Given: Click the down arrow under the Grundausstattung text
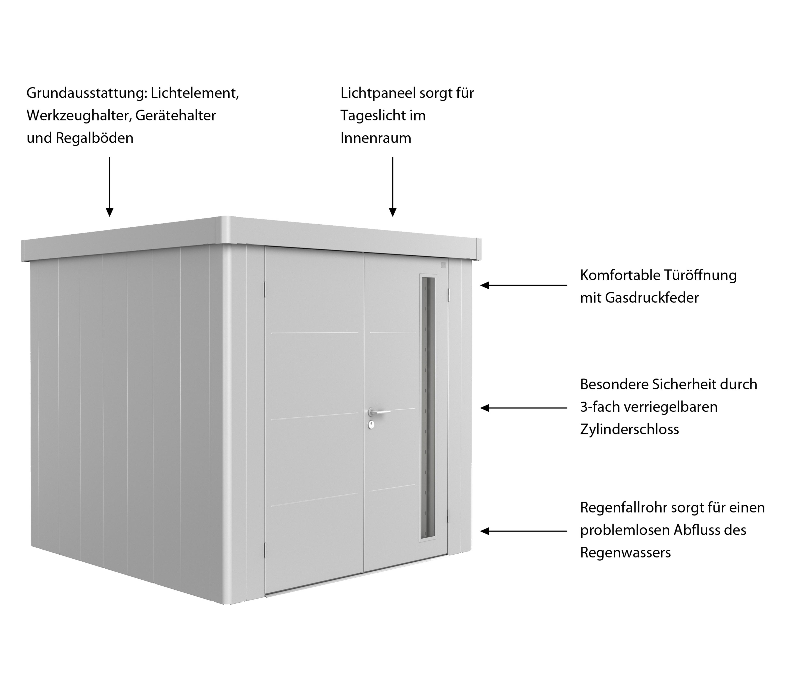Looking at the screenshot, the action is (x=110, y=187).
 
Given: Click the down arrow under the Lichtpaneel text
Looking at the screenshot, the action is (x=393, y=187).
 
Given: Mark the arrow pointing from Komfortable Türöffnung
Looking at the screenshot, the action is (x=524, y=285).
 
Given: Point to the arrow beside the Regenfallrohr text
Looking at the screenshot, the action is (x=524, y=531).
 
